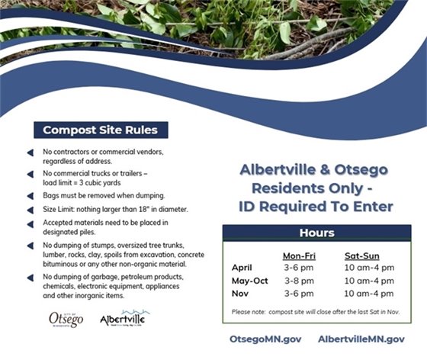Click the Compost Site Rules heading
[x=100, y=130]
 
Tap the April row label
[x=242, y=268]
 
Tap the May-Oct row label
[x=248, y=280]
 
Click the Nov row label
[x=239, y=293]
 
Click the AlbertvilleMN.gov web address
[x=361, y=338]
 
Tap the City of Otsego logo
[x=66, y=318]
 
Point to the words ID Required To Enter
[x=316, y=206]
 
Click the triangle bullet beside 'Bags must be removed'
[x=30, y=195]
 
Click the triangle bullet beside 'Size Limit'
[x=30, y=208]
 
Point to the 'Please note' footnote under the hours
[x=316, y=312]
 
